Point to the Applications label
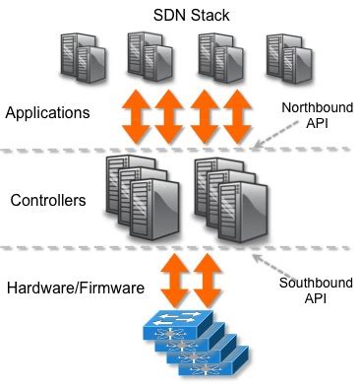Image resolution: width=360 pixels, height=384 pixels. tap(47, 113)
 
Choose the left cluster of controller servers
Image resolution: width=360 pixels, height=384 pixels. tap(139, 198)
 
